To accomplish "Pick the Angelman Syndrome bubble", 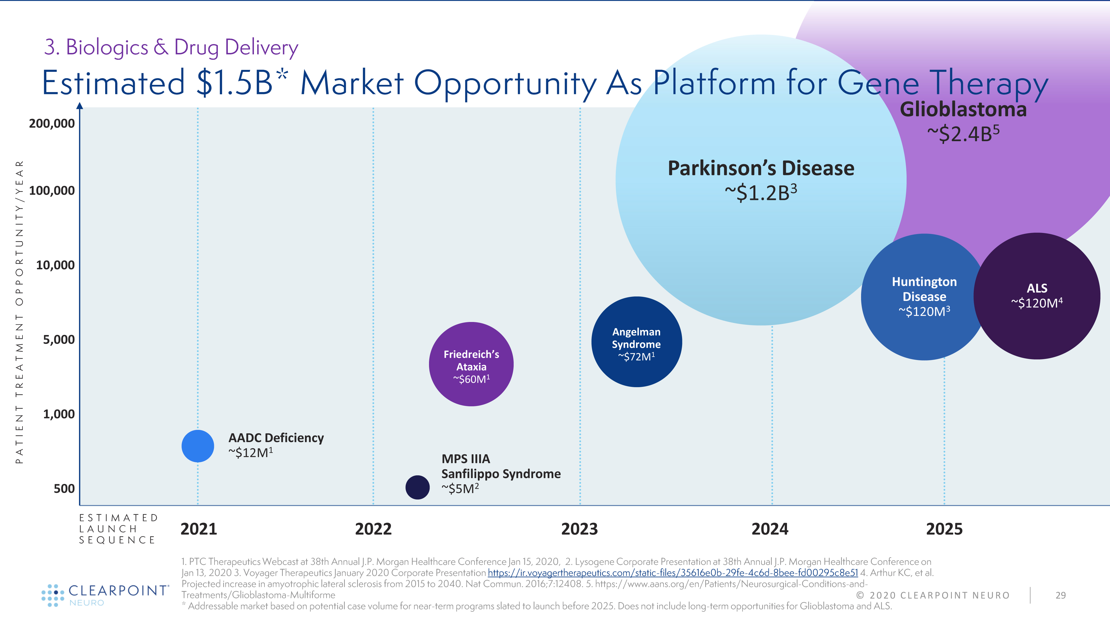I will (636, 342).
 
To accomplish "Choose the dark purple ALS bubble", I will (1037, 296).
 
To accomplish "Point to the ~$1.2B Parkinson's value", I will (761, 192).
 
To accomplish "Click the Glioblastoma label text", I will (963, 109).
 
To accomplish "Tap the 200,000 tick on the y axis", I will (52, 124).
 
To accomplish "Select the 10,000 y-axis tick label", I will (55, 265).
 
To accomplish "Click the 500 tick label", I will (64, 489).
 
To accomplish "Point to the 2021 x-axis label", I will (199, 529).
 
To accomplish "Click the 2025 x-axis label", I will (944, 529).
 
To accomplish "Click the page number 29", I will (1060, 595).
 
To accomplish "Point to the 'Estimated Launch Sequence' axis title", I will (118, 529).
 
